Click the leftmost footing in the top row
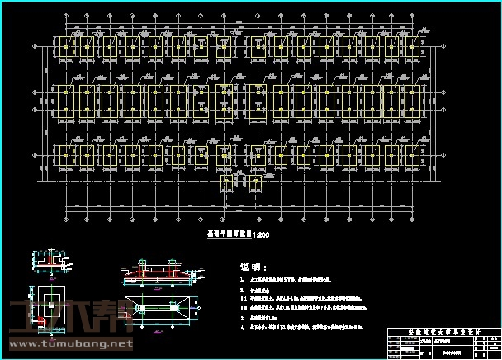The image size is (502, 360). [x=62, y=47]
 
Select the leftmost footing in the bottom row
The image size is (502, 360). [x=62, y=154]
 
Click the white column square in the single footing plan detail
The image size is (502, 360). [x=51, y=296]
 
